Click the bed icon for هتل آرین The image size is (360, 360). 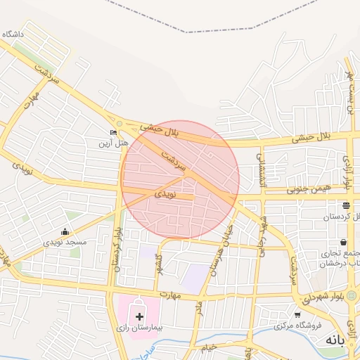point(113,132)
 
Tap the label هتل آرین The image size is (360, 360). point(113,143)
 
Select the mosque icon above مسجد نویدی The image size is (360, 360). point(65,232)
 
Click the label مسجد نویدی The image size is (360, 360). point(65,243)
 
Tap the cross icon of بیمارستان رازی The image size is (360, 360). point(139,317)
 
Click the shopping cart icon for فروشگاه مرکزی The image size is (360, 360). point(297,315)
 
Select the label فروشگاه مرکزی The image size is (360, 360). point(297,326)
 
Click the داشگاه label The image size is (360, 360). point(13,34)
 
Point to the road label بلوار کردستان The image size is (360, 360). point(117,250)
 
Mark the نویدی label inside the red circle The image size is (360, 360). point(162,191)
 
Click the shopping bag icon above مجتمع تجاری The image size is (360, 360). point(342,242)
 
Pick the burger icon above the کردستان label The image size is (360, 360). point(346,206)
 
